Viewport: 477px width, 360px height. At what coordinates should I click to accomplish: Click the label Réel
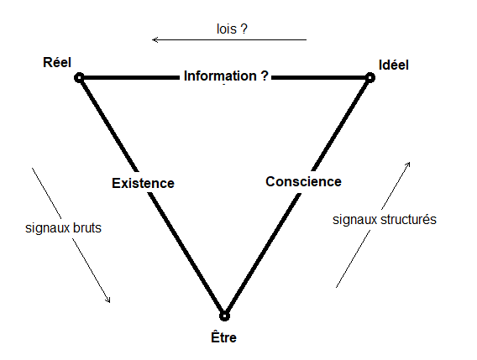tap(57, 63)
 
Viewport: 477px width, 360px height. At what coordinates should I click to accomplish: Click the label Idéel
tap(393, 64)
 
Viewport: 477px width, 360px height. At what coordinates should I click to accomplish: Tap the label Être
tap(224, 338)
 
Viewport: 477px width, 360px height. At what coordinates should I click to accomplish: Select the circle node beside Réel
tap(79, 77)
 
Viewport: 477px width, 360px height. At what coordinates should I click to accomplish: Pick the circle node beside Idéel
tap(369, 77)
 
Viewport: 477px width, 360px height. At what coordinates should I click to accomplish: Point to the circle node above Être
tap(224, 316)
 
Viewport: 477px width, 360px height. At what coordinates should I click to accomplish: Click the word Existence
tap(143, 182)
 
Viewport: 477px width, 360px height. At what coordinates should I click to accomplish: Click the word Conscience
tap(303, 181)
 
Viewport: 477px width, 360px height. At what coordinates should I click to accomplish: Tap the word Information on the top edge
tap(220, 76)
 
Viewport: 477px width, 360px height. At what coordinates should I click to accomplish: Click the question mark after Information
tap(265, 76)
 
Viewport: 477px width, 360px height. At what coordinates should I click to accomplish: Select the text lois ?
tap(232, 28)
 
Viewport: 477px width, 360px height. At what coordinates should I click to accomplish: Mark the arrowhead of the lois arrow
tap(155, 39)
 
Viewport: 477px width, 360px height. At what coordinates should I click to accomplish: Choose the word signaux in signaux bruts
tap(46, 227)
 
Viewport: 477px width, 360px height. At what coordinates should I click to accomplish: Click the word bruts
tap(85, 227)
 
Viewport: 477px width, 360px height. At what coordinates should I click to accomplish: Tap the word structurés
tap(407, 220)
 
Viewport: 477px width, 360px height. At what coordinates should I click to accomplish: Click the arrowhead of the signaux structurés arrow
tap(409, 163)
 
